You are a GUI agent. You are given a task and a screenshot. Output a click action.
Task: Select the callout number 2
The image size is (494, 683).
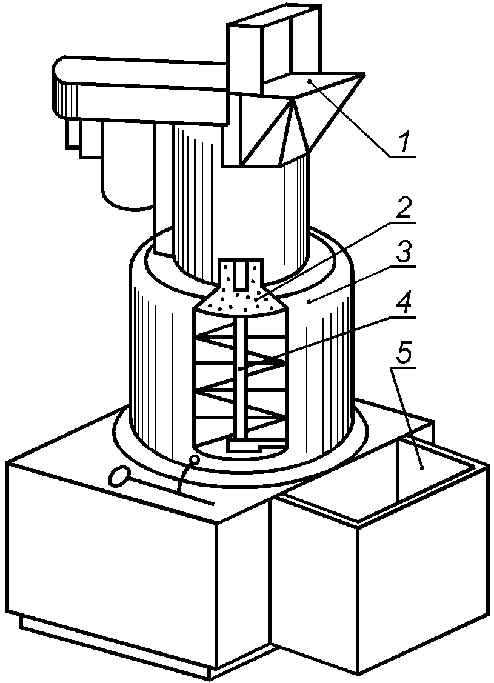pyautogui.click(x=402, y=210)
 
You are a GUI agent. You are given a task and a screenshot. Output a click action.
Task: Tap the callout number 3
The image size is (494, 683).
pyautogui.click(x=404, y=253)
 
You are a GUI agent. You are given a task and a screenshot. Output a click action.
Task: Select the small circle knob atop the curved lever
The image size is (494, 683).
pyautogui.click(x=195, y=459)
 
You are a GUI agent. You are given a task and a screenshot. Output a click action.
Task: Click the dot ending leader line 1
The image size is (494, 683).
pyautogui.click(x=309, y=81)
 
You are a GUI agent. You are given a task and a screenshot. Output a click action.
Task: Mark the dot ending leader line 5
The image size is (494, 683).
pyautogui.click(x=422, y=468)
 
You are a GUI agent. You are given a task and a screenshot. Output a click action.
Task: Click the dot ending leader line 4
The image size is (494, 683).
pyautogui.click(x=239, y=369)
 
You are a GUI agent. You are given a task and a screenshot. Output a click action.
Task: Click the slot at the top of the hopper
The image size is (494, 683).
pyautogui.click(x=240, y=276)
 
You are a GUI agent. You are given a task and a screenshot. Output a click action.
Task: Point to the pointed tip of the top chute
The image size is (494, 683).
pyautogui.click(x=364, y=73)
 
